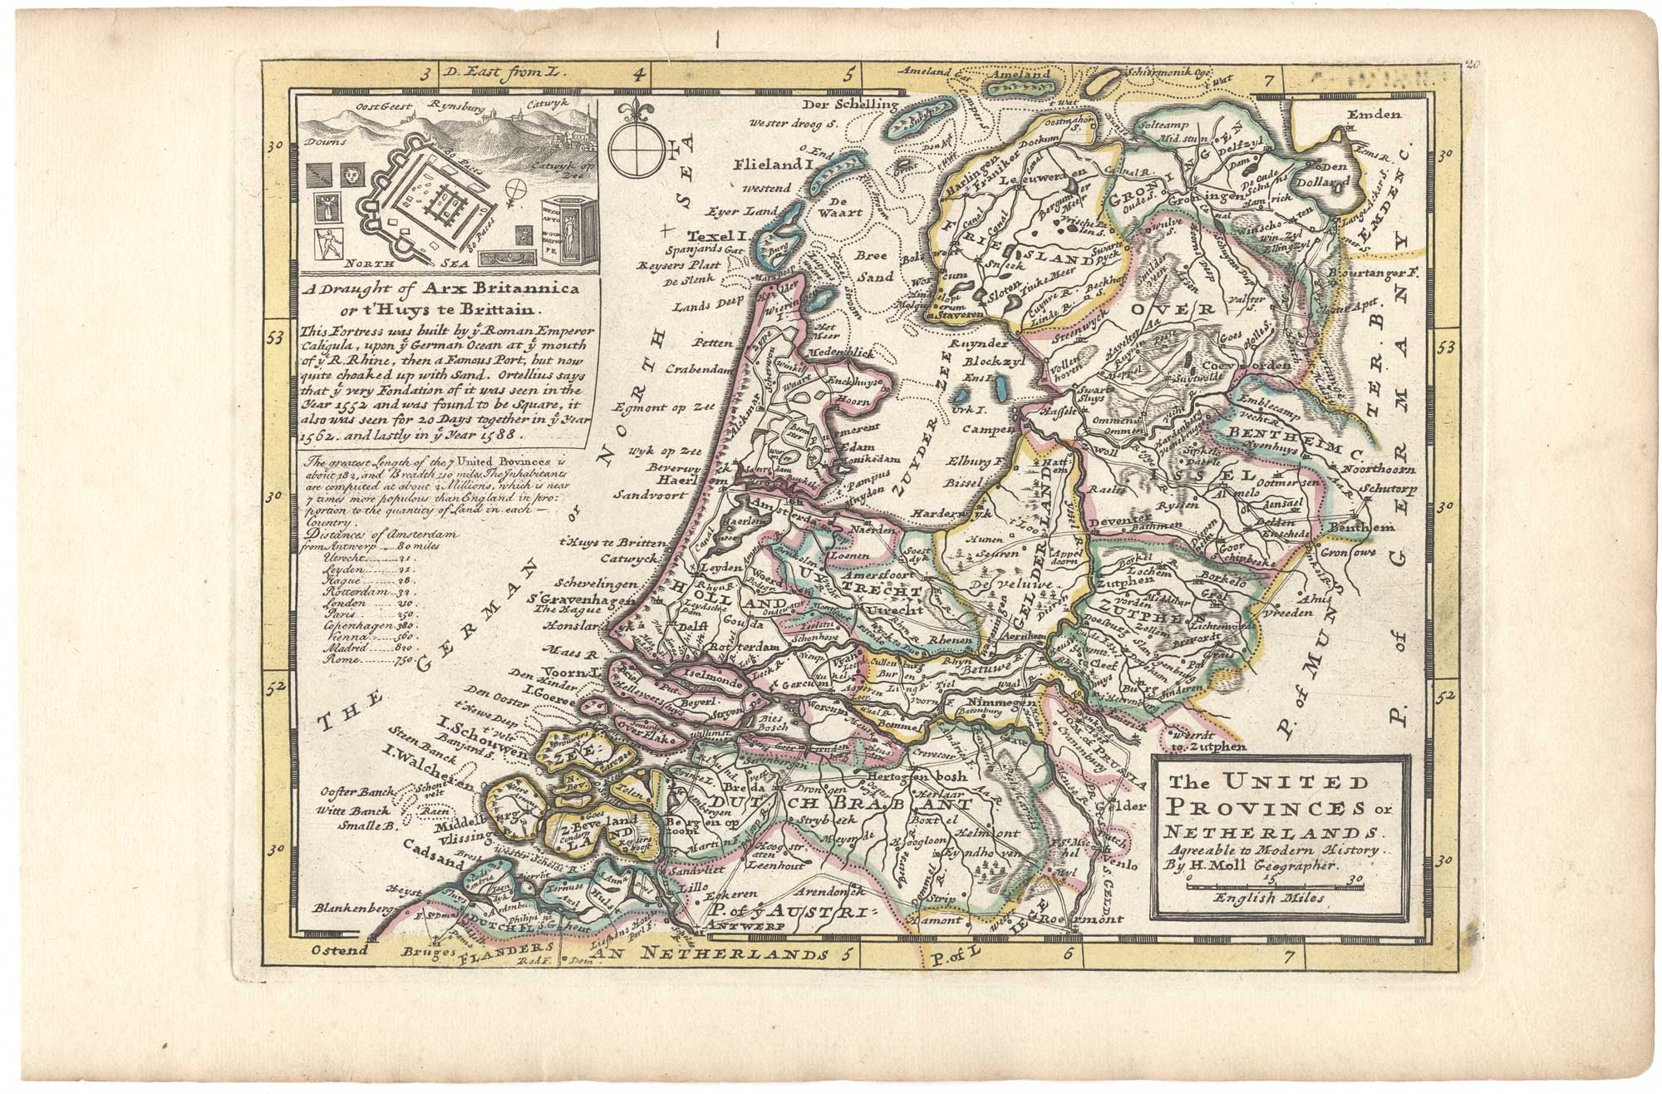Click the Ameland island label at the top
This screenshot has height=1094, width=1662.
point(1018,74)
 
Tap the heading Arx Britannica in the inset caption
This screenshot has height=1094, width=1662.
point(511,288)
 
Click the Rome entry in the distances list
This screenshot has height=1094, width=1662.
point(342,659)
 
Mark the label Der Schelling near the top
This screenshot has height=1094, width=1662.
point(857,105)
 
